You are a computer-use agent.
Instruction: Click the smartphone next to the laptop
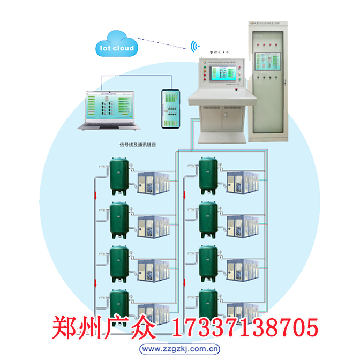tap(172, 109)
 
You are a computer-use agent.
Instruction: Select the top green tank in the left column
tap(118, 175)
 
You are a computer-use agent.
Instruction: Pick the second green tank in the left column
tap(118, 220)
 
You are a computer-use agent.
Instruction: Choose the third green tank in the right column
tap(208, 264)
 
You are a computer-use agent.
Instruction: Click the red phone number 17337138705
tap(245, 326)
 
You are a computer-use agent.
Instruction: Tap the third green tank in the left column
tap(118, 264)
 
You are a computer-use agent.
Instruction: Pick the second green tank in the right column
tap(208, 220)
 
